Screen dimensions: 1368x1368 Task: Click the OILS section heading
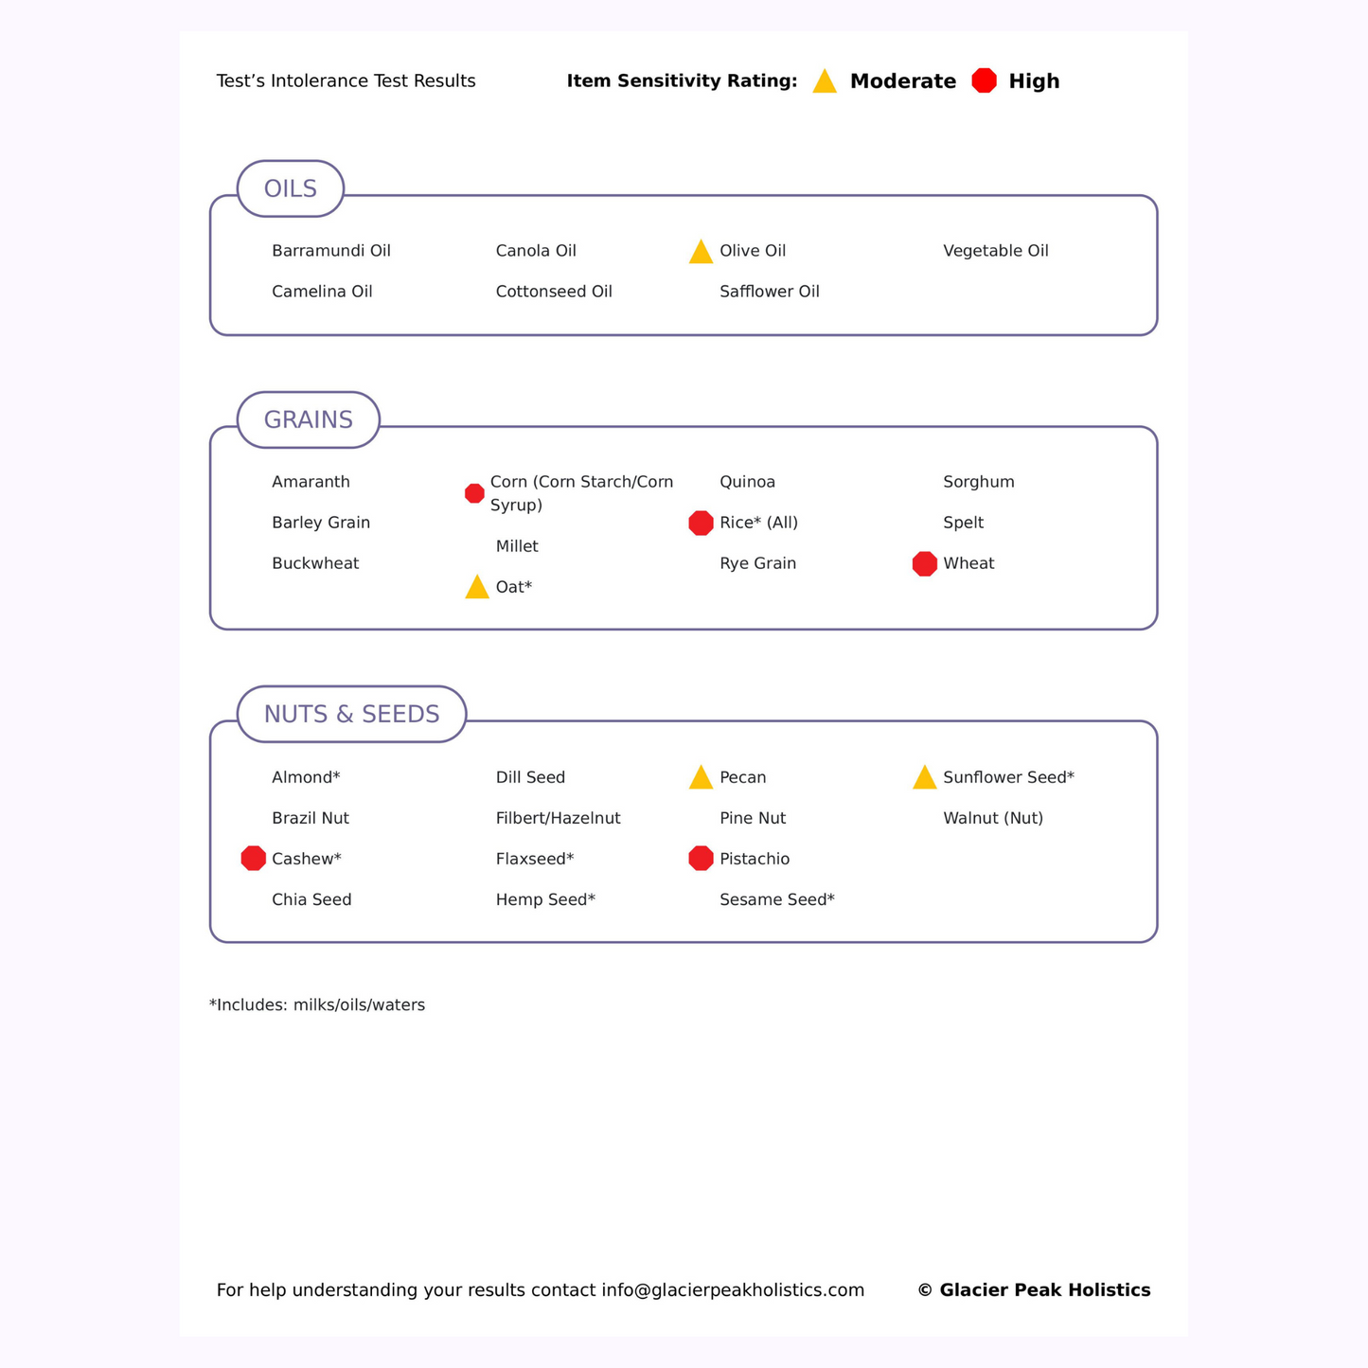[x=291, y=189]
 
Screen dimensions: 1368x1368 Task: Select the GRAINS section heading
[x=308, y=420]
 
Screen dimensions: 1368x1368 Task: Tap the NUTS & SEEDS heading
[x=351, y=715]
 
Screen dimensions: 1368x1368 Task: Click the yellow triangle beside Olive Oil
[x=701, y=252]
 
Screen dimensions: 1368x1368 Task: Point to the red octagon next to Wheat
[x=925, y=564]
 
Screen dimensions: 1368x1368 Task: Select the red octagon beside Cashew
[x=254, y=859]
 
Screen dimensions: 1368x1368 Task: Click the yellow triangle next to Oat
[x=477, y=588]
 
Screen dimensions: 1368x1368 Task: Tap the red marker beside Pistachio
[x=701, y=859]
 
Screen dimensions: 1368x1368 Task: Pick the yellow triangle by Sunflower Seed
[x=925, y=778]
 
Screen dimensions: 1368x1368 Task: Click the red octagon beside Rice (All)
[x=701, y=523]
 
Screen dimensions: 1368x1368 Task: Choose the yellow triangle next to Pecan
[x=701, y=778]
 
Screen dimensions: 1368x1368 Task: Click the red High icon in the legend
[x=985, y=81]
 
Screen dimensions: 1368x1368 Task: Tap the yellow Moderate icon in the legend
[x=825, y=82]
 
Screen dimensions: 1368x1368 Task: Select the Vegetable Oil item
[x=996, y=251]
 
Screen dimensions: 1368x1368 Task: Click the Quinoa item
[x=747, y=482]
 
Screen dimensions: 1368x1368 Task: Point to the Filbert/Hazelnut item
[x=558, y=818]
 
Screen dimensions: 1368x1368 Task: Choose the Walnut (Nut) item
[x=993, y=818]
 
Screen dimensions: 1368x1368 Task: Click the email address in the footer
[x=733, y=1290]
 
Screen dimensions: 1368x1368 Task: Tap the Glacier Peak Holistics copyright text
[x=1034, y=1290]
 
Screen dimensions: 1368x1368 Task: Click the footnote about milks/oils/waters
[x=317, y=1005]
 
